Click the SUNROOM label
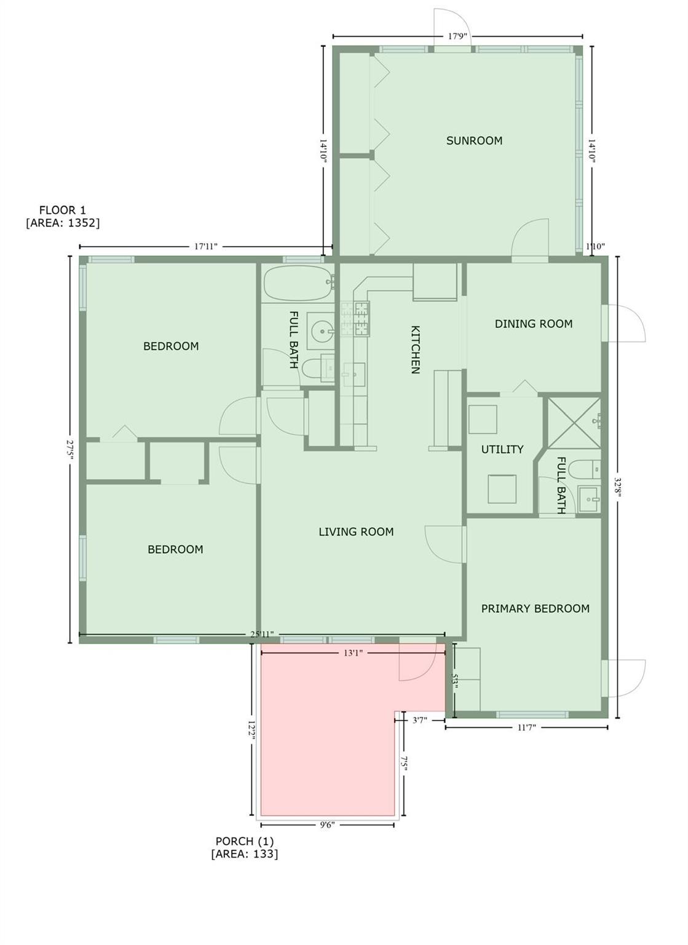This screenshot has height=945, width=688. coord(474,140)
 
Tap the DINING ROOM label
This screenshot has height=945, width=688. coord(533,324)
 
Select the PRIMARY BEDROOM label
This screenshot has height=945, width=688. coord(536,608)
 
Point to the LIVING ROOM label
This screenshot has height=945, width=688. coord(356,532)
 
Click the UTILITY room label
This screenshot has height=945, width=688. coord(502,449)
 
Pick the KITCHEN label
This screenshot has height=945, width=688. coord(415,349)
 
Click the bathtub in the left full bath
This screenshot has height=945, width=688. coord(299,282)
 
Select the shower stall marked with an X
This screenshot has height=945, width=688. coord(574,423)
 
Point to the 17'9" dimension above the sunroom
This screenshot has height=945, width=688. coord(457,36)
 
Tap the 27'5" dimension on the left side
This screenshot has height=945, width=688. coord(70,450)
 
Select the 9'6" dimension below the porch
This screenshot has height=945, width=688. coord(327,825)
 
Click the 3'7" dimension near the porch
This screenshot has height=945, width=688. coord(419,720)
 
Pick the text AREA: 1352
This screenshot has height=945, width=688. coord(63,223)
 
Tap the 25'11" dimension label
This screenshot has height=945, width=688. coord(261,634)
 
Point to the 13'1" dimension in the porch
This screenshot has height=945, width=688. coord(353,653)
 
